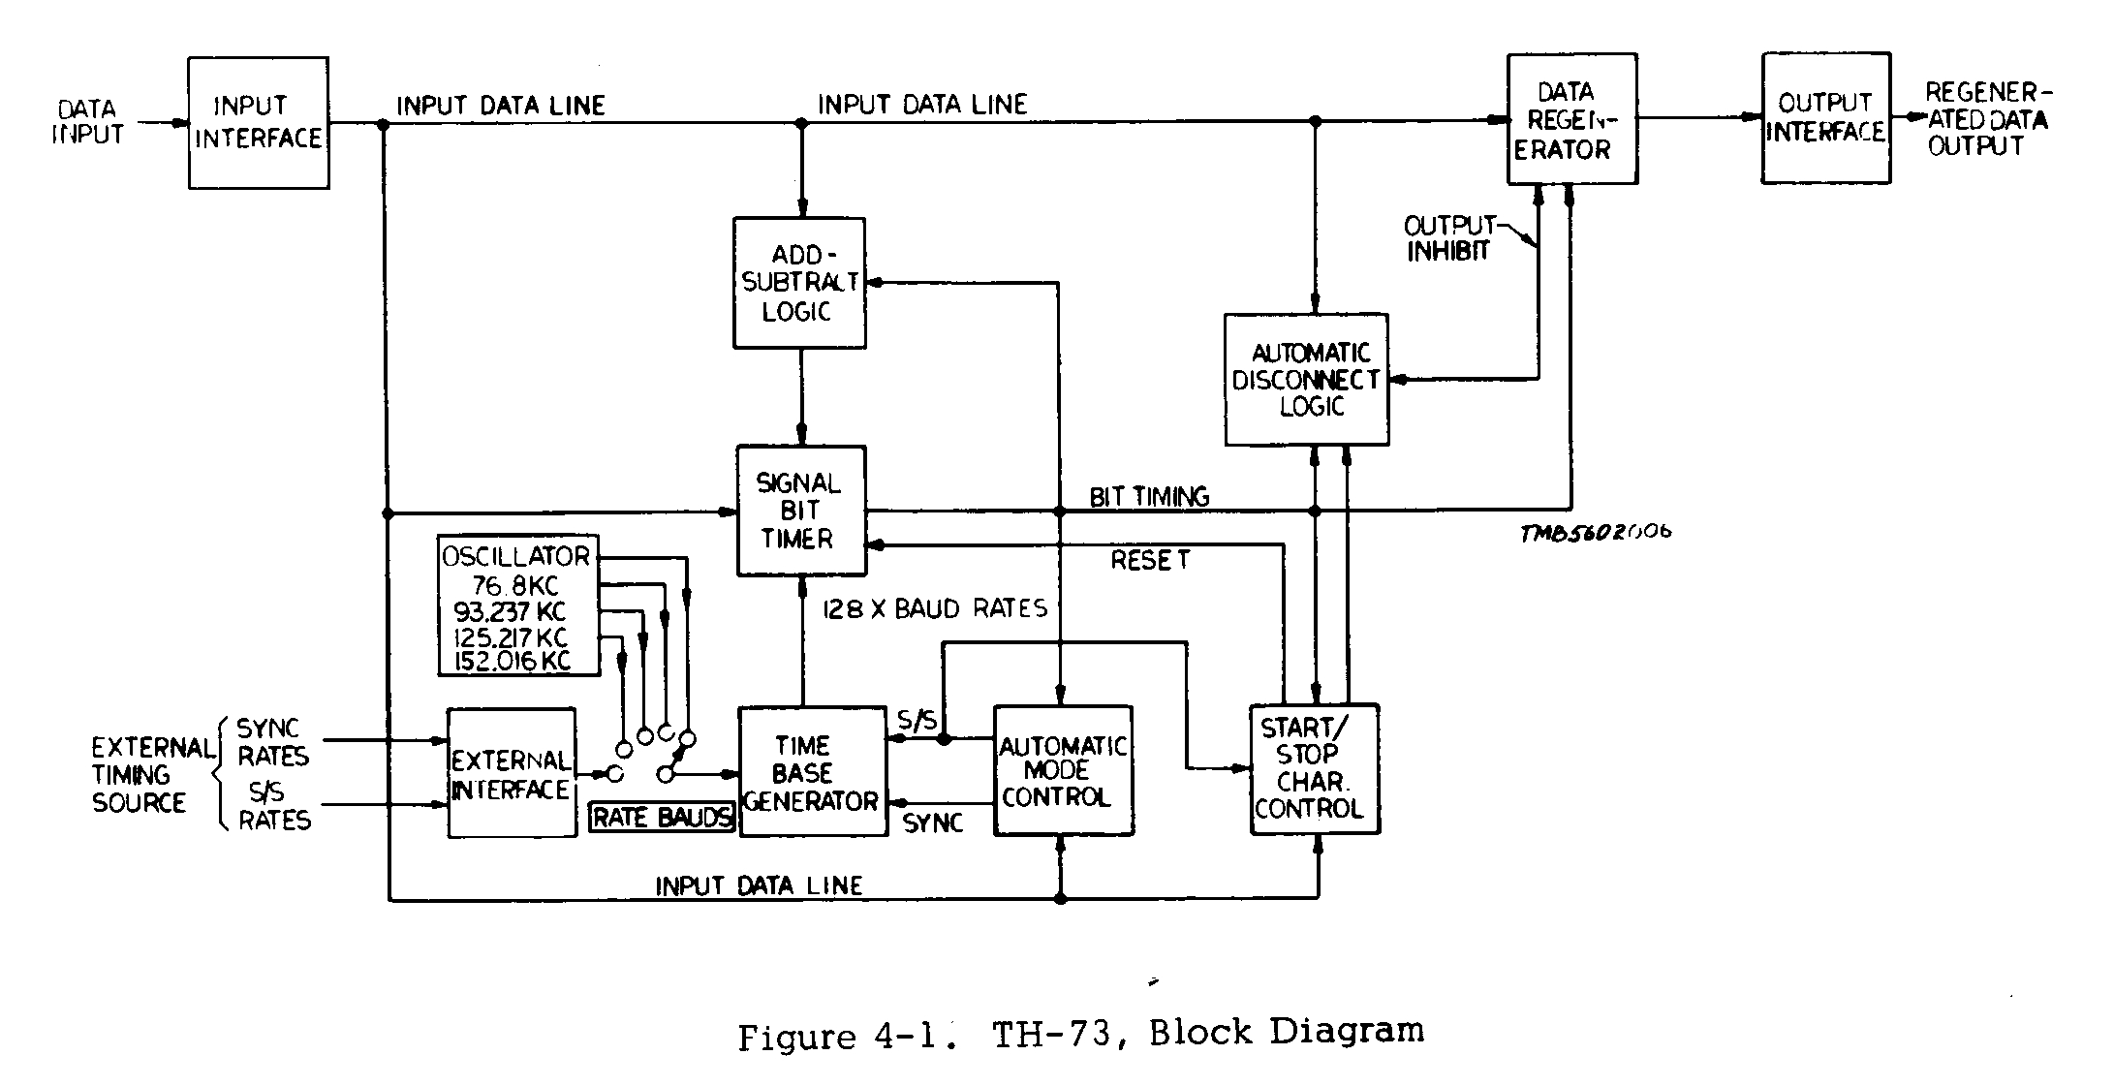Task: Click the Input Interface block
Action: click(258, 122)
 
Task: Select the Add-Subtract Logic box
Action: click(799, 283)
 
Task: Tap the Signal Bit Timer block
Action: click(800, 511)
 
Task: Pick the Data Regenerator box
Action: click(1571, 119)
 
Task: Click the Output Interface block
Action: click(1825, 118)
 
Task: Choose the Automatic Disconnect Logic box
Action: click(1306, 380)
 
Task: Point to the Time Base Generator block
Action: click(812, 772)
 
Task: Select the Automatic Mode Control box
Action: click(1063, 771)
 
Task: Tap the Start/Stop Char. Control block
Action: click(1314, 768)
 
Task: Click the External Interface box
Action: click(511, 774)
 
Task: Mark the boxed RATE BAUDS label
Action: click(662, 818)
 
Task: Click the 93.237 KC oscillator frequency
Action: click(510, 612)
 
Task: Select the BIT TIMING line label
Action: click(1149, 497)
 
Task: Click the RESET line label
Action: click(1150, 560)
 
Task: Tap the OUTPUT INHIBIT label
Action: click(1448, 238)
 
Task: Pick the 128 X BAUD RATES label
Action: click(935, 609)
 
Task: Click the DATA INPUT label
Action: click(87, 122)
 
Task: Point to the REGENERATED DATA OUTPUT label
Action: click(1986, 119)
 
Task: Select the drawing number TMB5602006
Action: click(1595, 533)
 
